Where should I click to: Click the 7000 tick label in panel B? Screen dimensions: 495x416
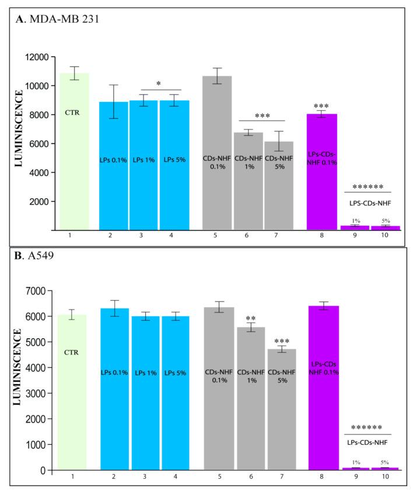tap(37, 290)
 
